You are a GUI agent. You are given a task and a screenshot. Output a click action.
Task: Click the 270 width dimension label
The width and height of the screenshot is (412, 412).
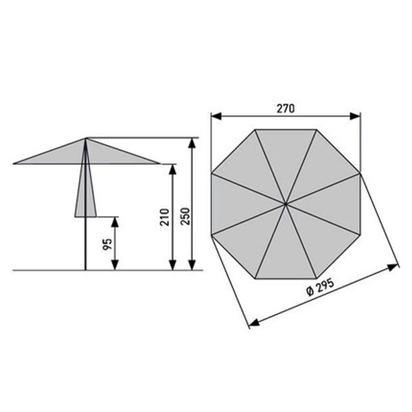coord(286,108)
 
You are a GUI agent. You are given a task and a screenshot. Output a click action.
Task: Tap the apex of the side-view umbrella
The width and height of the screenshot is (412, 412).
coord(86,139)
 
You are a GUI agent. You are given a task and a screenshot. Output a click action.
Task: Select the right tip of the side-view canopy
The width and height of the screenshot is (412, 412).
coord(159,164)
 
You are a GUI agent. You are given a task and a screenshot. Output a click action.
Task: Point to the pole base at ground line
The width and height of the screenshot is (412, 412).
coord(86,269)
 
